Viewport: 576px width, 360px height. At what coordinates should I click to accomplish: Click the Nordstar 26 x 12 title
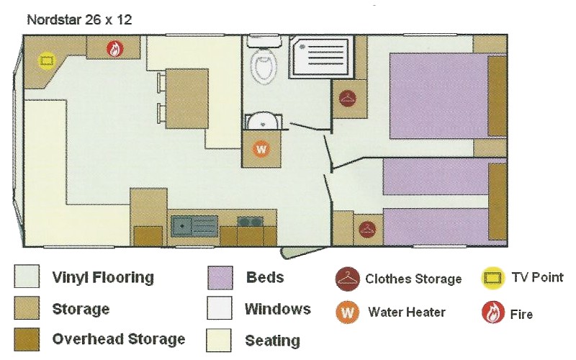pos(79,20)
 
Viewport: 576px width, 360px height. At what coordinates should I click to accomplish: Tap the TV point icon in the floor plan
pos(47,60)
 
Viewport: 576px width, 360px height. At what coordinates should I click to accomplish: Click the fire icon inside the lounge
pos(115,49)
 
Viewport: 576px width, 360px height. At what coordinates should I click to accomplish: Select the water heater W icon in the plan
pos(261,149)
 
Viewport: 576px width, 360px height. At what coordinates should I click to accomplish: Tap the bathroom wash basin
pos(264,121)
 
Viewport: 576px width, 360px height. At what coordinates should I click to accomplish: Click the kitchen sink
pos(194,225)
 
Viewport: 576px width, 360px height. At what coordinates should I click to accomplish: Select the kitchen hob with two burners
pos(250,222)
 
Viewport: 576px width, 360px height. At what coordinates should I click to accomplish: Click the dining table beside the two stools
pos(186,99)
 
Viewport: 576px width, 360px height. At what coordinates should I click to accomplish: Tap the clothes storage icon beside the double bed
pos(348,98)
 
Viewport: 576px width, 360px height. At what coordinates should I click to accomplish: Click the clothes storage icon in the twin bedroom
pos(367,230)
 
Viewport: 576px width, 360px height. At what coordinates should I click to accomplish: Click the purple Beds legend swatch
pos(220,278)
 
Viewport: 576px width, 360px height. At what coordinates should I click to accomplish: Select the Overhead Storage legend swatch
pos(27,339)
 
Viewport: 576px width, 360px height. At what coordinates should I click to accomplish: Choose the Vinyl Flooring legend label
pos(103,277)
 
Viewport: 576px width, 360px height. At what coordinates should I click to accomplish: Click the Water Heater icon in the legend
pos(347,312)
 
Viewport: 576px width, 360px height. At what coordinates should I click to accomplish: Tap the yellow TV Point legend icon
pos(492,278)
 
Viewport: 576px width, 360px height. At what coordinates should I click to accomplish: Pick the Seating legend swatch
pos(219,340)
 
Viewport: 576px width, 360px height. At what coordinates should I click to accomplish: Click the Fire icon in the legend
pos(493,312)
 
